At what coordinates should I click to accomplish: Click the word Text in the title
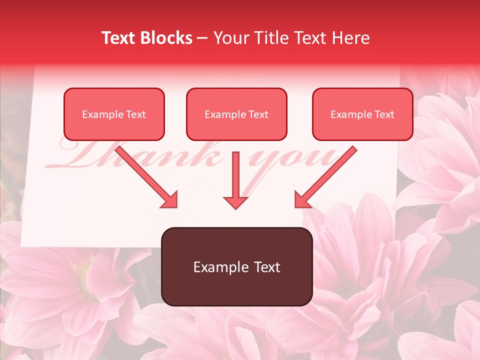coord(118,38)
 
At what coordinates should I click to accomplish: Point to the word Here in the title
coord(350,38)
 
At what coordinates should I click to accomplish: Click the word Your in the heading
coord(229,38)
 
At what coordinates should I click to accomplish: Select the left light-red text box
coord(114,114)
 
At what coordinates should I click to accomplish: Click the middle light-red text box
coord(236,114)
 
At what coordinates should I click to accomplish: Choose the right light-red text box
coord(362,114)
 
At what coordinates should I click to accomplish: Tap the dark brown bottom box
coord(236,266)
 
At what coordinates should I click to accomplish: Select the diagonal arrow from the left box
coord(145,175)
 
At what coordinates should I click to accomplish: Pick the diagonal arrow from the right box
coord(327,175)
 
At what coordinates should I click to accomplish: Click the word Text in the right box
coord(384,114)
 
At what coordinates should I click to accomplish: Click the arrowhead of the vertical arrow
coord(235,202)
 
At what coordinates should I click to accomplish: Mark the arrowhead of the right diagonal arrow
coord(303,200)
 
